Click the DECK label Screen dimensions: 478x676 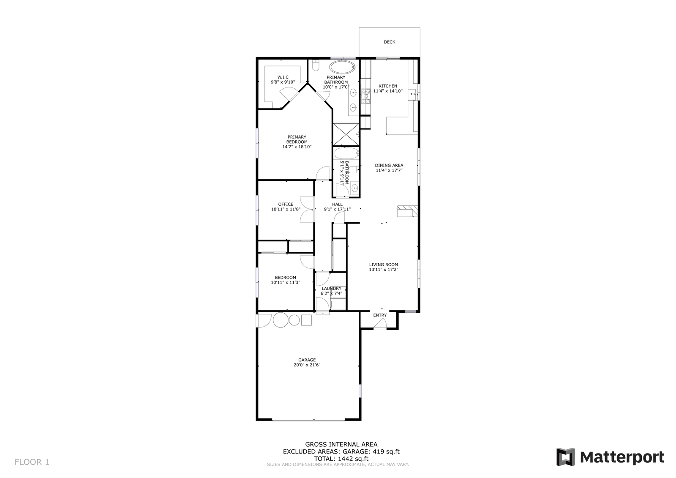(x=389, y=42)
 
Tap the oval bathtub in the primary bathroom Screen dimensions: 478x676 (x=343, y=67)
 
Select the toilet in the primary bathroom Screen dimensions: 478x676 (x=315, y=66)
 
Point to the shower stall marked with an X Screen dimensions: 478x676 (x=346, y=134)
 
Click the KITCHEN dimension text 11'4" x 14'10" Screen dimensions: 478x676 (x=387, y=91)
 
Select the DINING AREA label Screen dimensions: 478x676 (x=389, y=165)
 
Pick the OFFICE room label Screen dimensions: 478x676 (x=285, y=204)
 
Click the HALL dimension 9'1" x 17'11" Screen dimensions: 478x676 (x=337, y=209)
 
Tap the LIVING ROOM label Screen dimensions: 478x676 (x=383, y=265)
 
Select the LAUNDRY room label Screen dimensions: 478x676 (x=331, y=289)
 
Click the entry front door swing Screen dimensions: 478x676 (x=380, y=324)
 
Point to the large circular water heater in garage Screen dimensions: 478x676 (x=281, y=320)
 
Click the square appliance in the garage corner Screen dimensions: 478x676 (x=306, y=320)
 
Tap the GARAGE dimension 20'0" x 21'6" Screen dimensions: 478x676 (x=307, y=365)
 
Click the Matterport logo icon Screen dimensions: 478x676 (x=565, y=457)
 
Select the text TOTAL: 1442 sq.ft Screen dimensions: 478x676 (x=341, y=459)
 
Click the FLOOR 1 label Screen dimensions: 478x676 (x=32, y=462)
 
